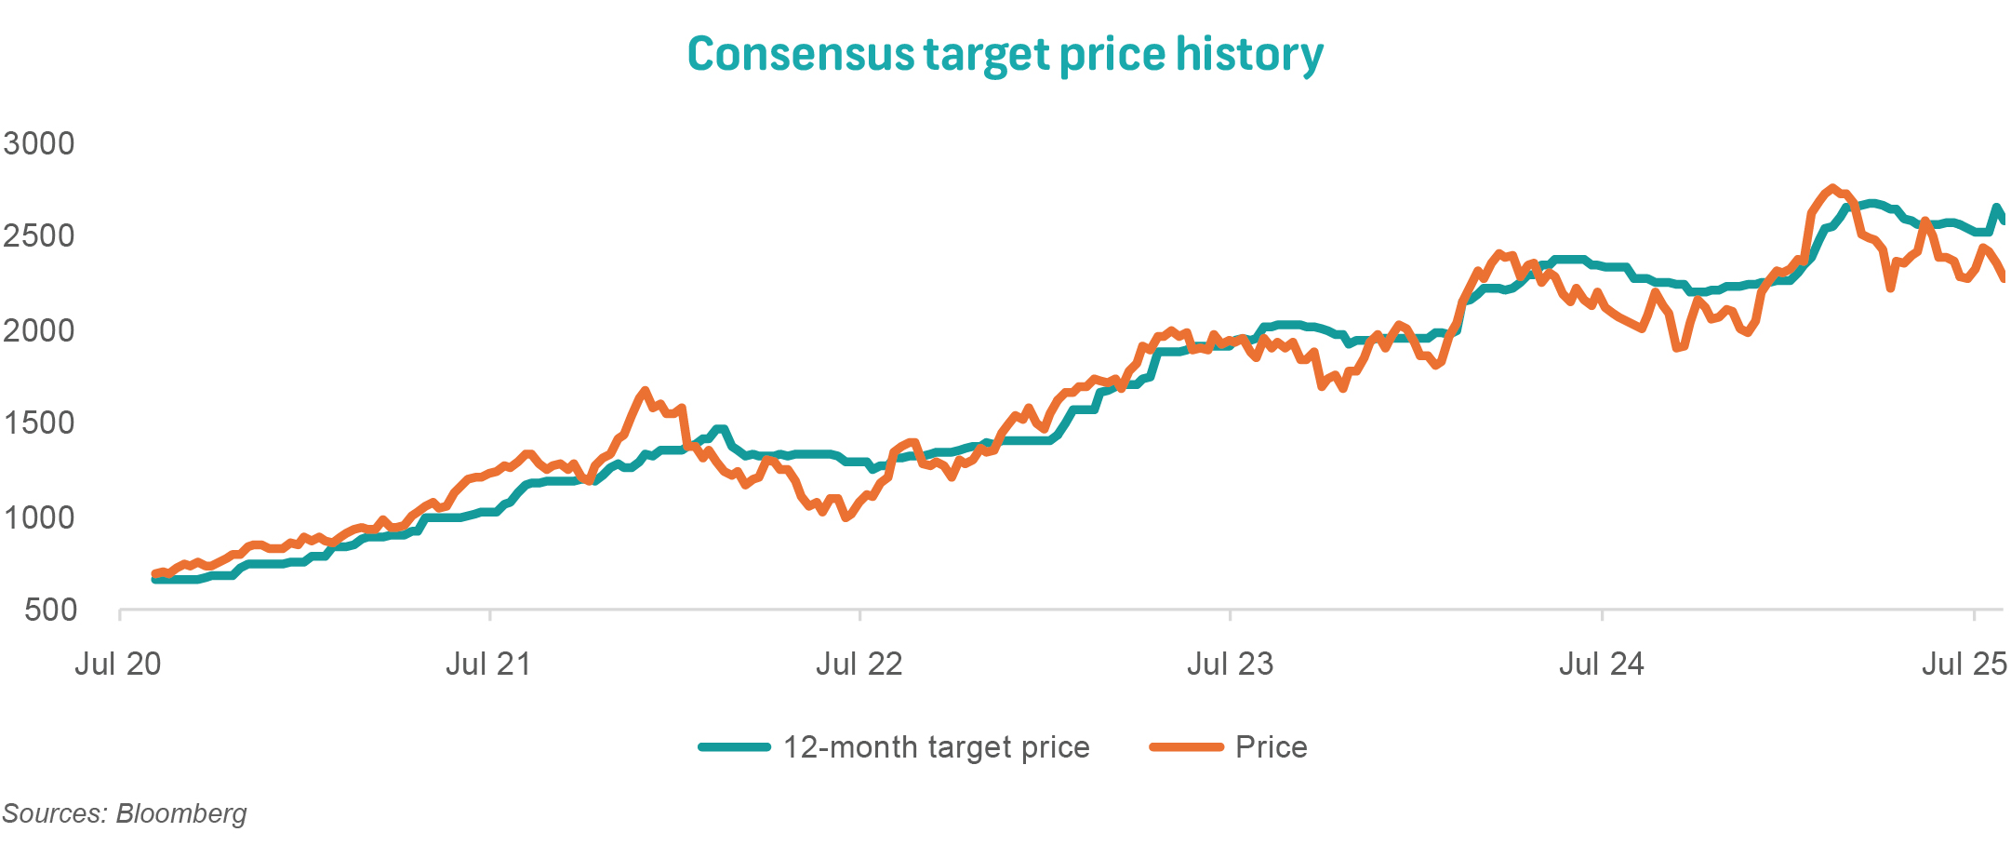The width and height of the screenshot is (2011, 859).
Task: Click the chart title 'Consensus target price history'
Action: [x=1005, y=54]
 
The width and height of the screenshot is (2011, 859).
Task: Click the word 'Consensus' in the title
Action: [x=801, y=54]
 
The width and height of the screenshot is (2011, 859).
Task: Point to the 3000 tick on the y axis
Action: [x=39, y=143]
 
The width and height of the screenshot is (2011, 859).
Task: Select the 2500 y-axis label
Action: [x=39, y=236]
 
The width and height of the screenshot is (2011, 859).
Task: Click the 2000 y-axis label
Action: [x=39, y=330]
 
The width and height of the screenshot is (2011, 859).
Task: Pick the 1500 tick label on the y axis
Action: [x=39, y=423]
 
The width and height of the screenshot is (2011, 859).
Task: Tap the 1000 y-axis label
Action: [x=39, y=517]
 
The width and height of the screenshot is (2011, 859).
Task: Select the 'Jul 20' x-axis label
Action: [x=118, y=664]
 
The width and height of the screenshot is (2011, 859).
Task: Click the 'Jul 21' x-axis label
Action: [x=488, y=664]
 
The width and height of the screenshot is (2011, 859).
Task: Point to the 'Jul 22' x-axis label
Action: [x=859, y=664]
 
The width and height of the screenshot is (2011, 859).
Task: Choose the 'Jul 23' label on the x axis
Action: [x=1230, y=664]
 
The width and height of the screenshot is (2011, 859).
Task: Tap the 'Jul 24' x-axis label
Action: [x=1601, y=664]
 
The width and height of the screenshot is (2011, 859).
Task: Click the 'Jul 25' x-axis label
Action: [x=1964, y=664]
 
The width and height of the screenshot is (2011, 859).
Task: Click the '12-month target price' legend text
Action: [x=936, y=747]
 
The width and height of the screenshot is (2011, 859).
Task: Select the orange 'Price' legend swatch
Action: [x=1186, y=747]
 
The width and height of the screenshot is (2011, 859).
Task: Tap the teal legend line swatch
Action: [x=735, y=747]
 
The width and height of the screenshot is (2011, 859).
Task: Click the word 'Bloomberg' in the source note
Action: [x=181, y=813]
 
